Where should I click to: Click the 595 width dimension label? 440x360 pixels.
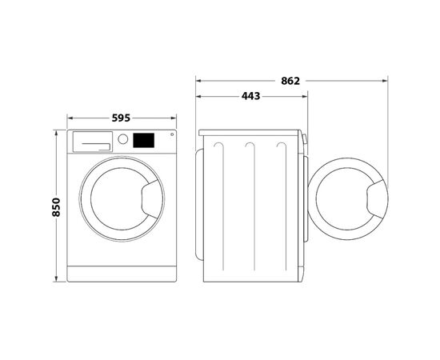coord(121,118)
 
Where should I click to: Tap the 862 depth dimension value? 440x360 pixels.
coord(290,80)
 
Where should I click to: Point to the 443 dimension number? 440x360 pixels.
coord(250,97)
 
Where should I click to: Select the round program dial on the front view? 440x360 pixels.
coord(123,139)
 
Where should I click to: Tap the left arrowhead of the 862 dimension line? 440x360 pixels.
coord(198,80)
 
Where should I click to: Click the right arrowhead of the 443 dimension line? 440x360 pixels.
coord(306,97)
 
